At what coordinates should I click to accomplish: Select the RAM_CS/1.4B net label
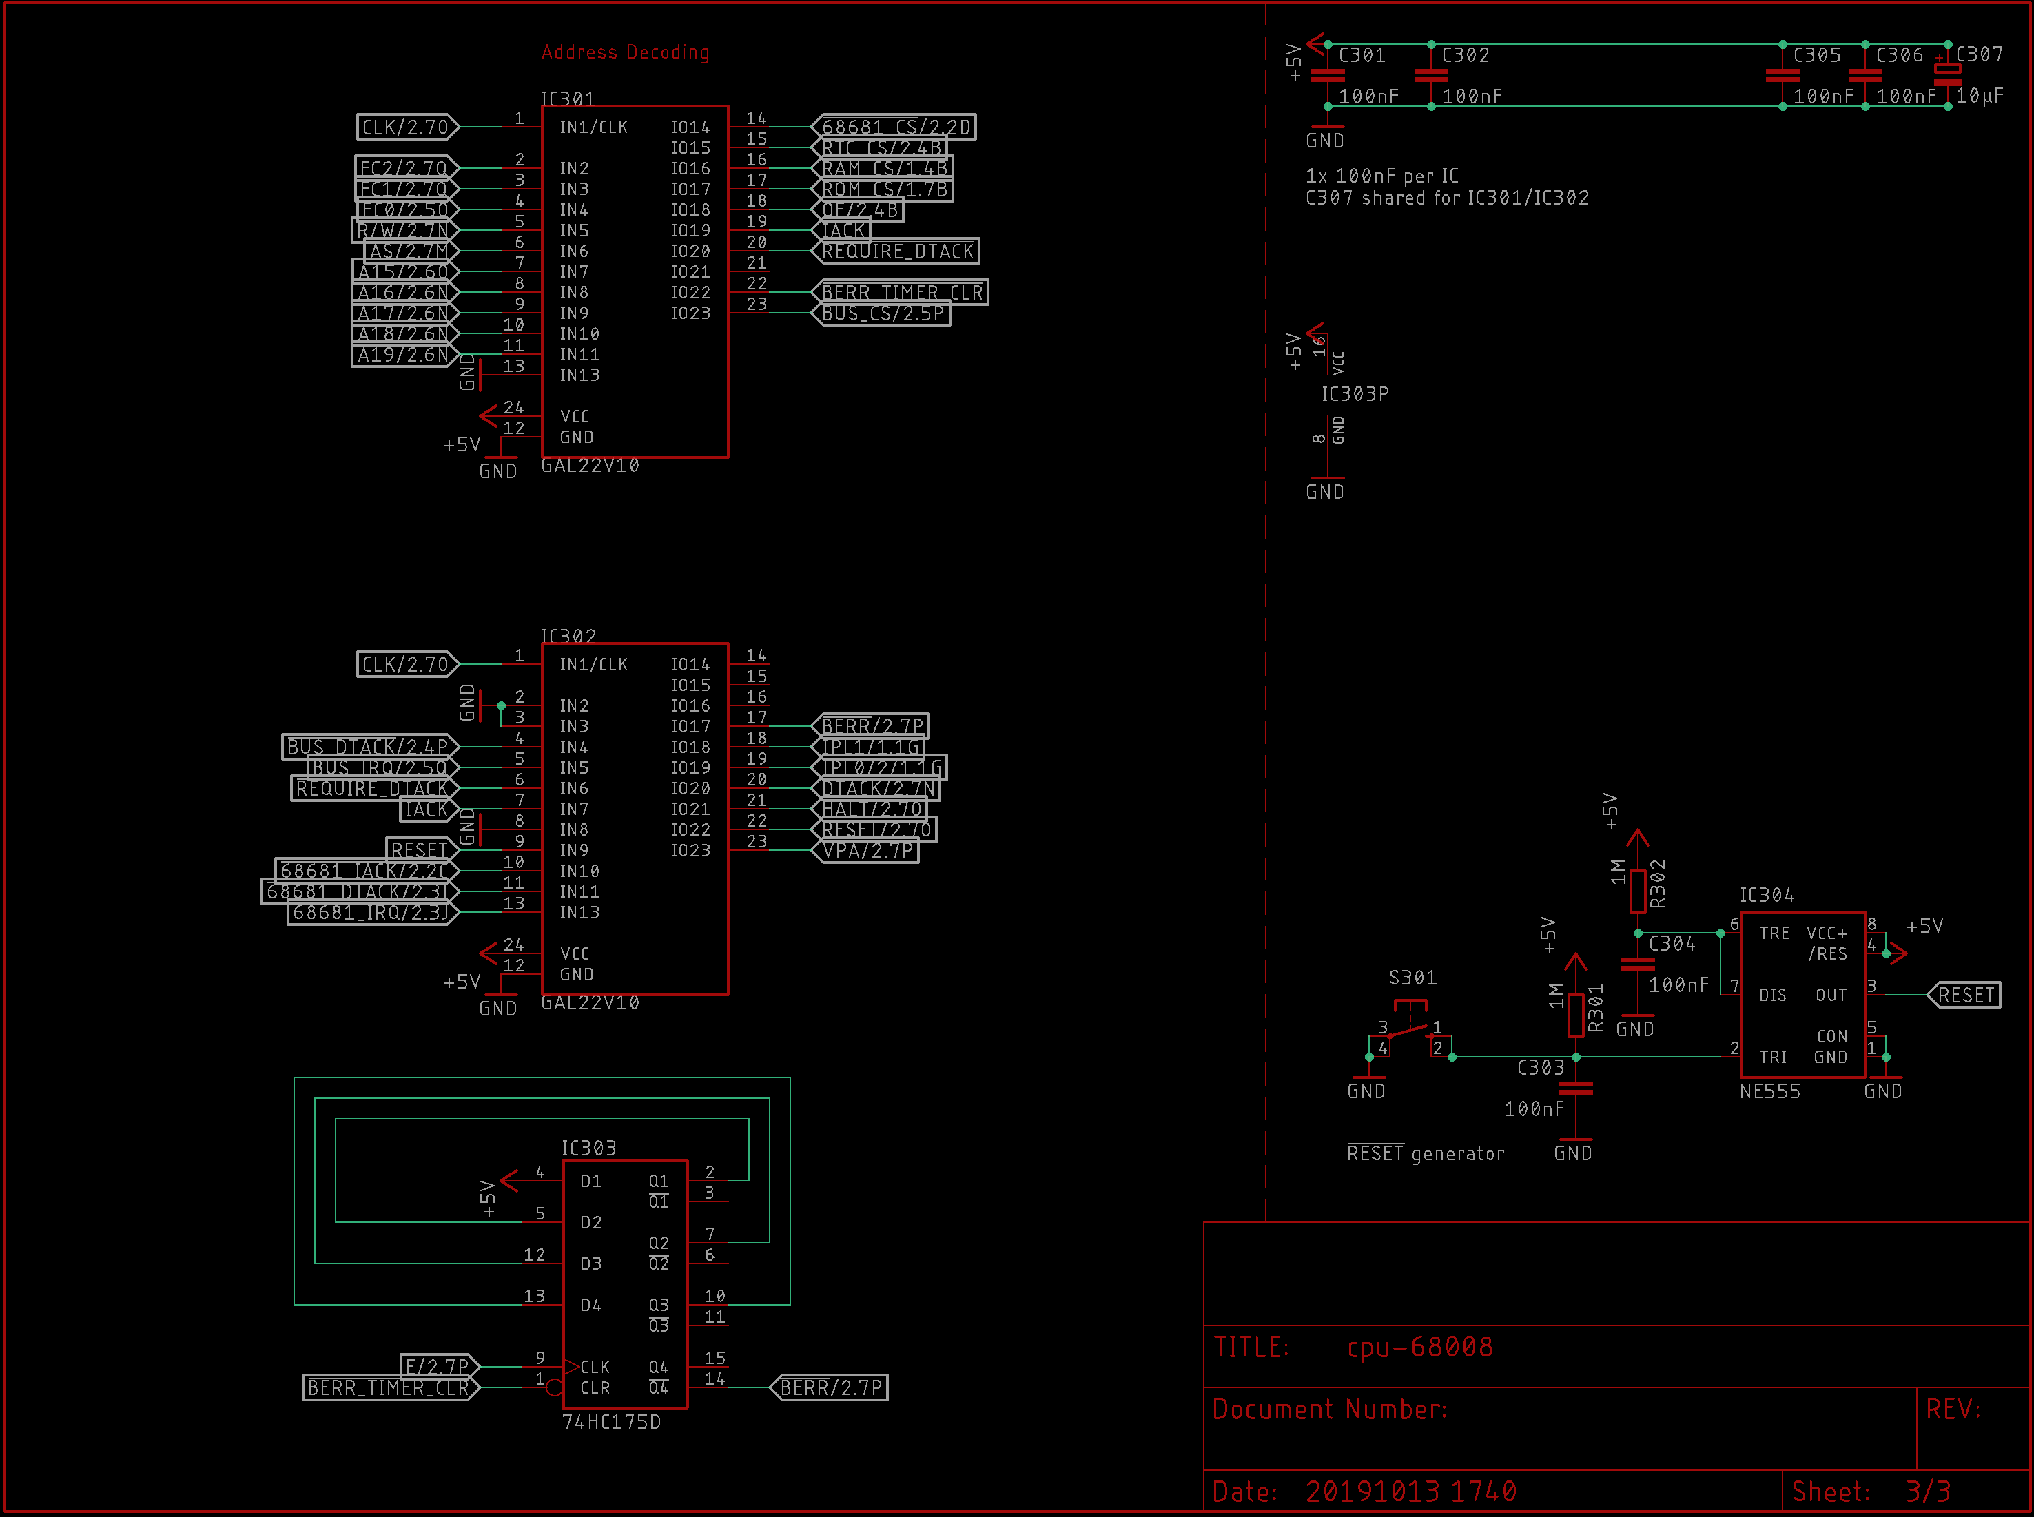[x=884, y=168]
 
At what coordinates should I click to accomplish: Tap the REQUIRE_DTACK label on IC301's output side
[x=897, y=251]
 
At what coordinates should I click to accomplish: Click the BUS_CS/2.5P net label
[x=883, y=313]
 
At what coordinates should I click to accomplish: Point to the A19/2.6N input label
[x=402, y=355]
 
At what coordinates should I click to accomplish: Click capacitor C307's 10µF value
[x=1979, y=96]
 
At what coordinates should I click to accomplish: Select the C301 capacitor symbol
[x=1328, y=75]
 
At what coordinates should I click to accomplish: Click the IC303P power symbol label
[x=1355, y=394]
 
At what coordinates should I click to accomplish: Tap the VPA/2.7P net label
[x=867, y=850]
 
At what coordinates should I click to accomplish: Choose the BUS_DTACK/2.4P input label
[x=367, y=747]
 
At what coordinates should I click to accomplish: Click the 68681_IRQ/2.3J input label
[x=370, y=912]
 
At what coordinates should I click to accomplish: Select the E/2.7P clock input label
[x=437, y=1366]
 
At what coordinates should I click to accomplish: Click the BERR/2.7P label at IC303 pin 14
[x=830, y=1387]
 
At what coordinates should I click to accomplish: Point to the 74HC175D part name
[x=610, y=1421]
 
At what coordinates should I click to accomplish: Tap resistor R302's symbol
[x=1637, y=891]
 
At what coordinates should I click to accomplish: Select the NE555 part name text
[x=1769, y=1091]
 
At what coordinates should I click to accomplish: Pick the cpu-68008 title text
[x=1419, y=1347]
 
